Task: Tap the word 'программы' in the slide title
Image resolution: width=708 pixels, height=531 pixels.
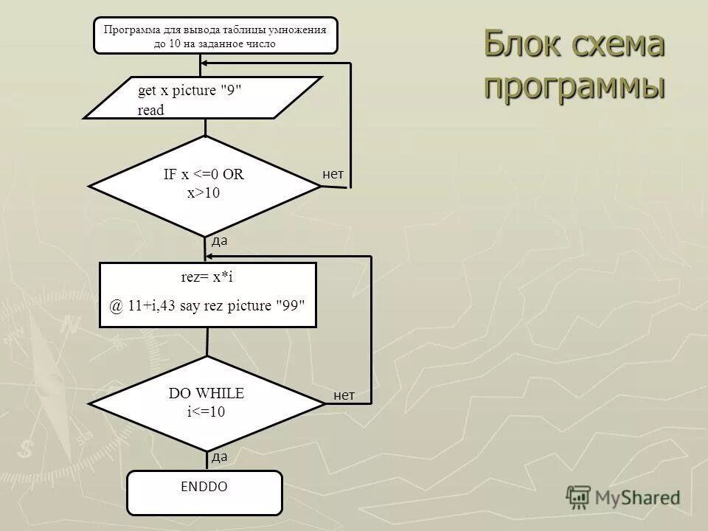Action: (x=575, y=86)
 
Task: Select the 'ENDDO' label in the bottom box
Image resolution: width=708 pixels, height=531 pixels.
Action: (x=204, y=487)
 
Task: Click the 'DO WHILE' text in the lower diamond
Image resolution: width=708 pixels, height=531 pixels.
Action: (x=206, y=394)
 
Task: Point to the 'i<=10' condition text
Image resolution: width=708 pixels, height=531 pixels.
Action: (x=206, y=412)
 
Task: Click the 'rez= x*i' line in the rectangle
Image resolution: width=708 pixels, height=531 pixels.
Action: (x=207, y=277)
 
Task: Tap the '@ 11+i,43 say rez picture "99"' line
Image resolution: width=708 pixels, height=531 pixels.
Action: (x=207, y=306)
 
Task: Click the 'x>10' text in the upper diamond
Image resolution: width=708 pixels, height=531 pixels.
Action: (x=204, y=193)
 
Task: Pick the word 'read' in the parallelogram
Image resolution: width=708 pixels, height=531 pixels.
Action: (x=151, y=110)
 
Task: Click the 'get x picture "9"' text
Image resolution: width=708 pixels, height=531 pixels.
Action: (x=190, y=91)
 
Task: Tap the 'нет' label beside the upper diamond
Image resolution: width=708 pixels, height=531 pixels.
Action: (x=333, y=174)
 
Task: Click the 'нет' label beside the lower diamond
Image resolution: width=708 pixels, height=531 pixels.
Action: (x=344, y=396)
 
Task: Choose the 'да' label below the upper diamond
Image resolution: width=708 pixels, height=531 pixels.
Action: (x=219, y=240)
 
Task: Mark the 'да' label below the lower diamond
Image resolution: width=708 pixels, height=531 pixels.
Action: (x=219, y=457)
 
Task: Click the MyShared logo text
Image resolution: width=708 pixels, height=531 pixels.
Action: (x=637, y=497)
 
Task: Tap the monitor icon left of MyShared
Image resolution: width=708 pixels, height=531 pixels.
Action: (x=578, y=497)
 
